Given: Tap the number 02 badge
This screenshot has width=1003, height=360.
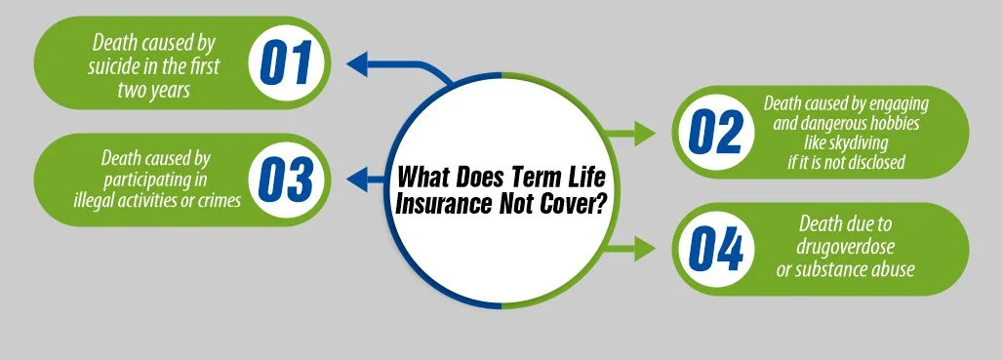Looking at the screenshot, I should point(715,133).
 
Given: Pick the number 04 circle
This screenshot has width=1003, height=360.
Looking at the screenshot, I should point(715,249).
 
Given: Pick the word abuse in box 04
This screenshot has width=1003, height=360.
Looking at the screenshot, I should point(893,269).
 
